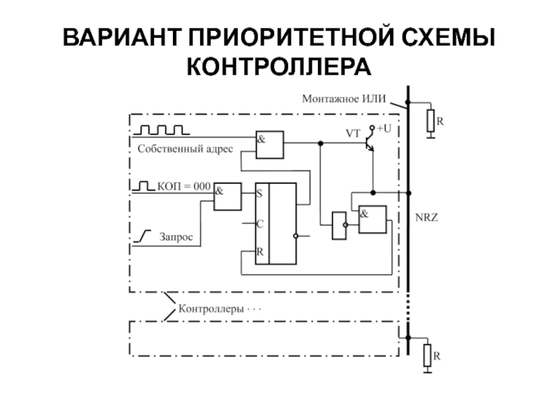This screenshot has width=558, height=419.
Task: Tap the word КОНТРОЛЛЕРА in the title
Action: click(279, 67)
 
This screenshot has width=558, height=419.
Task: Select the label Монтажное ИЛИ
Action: click(344, 99)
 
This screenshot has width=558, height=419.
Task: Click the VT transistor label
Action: click(354, 131)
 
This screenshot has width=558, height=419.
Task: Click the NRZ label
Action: click(426, 218)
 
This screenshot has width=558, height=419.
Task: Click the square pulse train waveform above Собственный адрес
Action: click(161, 130)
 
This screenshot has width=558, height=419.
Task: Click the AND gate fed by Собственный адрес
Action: click(269, 145)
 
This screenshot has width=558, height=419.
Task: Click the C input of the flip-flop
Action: click(260, 223)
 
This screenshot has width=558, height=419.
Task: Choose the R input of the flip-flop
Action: click(260, 252)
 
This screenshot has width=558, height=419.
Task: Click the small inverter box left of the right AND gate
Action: click(339, 225)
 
